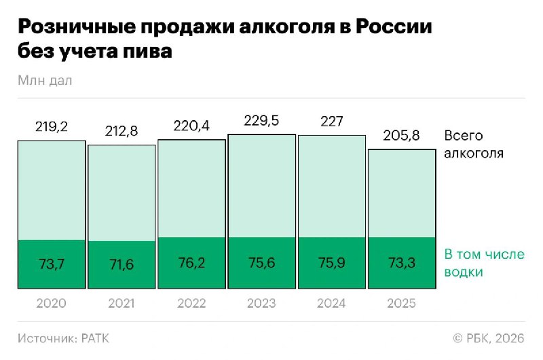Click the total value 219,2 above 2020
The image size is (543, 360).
tap(52, 126)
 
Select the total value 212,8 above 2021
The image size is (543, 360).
tap(121, 131)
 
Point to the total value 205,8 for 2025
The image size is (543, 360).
tap(401, 135)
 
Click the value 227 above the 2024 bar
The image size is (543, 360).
tap(331, 122)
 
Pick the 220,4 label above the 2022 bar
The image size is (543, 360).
tap(191, 126)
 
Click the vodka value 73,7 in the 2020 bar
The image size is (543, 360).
tap(52, 264)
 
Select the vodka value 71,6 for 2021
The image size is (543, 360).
tap(121, 265)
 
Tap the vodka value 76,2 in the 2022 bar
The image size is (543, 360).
tap(191, 264)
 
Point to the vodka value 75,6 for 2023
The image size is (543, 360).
tap(261, 264)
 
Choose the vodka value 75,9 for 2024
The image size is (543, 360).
tap(331, 264)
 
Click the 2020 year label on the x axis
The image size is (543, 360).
tap(52, 304)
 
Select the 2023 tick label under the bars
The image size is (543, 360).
tap(261, 304)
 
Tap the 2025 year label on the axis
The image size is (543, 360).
tap(401, 304)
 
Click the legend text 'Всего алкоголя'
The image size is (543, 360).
tap(473, 144)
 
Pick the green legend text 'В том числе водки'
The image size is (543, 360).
tap(484, 263)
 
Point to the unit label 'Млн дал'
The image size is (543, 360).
tap(45, 80)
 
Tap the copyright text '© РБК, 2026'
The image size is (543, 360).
tap(488, 338)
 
